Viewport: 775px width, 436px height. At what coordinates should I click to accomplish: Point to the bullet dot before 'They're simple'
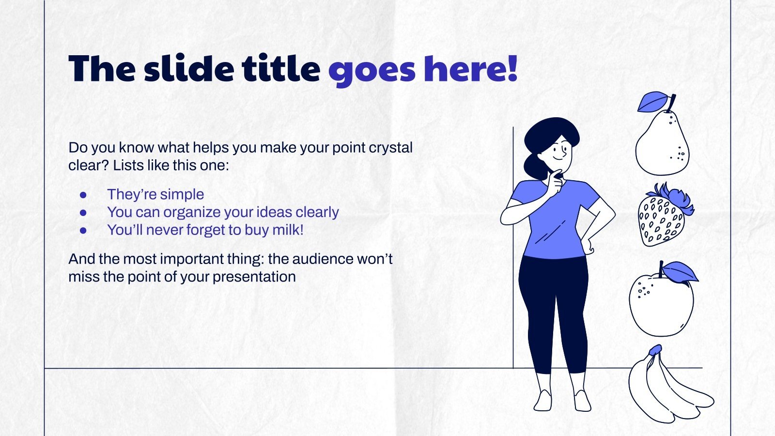[x=83, y=194]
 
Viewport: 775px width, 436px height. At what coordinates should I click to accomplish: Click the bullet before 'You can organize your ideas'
[x=83, y=212]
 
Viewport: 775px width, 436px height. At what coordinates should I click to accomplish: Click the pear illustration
[x=662, y=145]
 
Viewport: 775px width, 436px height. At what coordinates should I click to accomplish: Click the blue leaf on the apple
[x=680, y=272]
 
